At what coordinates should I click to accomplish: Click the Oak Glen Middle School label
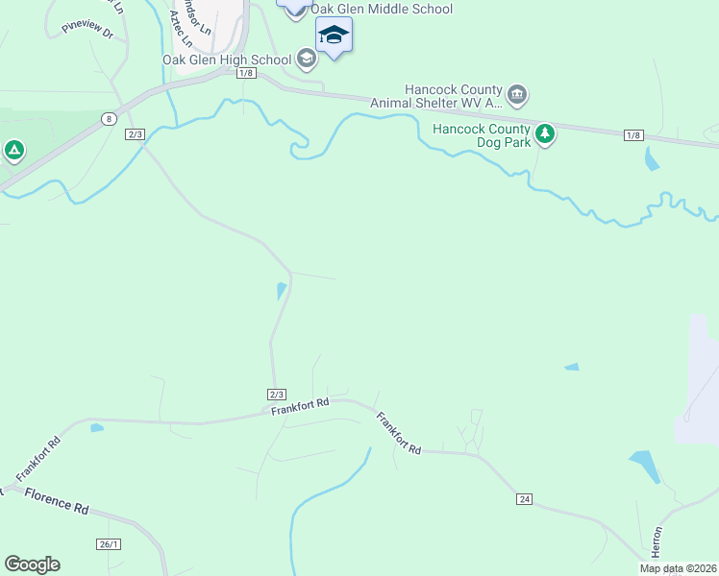pyautogui.click(x=381, y=10)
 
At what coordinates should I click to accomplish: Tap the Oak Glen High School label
pyautogui.click(x=227, y=60)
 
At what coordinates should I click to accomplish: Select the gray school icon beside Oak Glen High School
pyautogui.click(x=307, y=60)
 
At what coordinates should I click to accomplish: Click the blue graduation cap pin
pyautogui.click(x=334, y=36)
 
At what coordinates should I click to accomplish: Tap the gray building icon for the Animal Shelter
pyautogui.click(x=517, y=94)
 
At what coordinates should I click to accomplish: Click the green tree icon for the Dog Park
pyautogui.click(x=545, y=133)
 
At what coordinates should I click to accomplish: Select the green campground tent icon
pyautogui.click(x=13, y=151)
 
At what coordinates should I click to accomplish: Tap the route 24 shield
pyautogui.click(x=524, y=499)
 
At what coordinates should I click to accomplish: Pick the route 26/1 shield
pyautogui.click(x=110, y=544)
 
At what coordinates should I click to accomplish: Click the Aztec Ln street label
pyautogui.click(x=180, y=30)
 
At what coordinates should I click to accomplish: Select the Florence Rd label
pyautogui.click(x=57, y=500)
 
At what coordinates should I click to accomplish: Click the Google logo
pyautogui.click(x=32, y=564)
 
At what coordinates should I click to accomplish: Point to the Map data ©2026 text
pyautogui.click(x=679, y=568)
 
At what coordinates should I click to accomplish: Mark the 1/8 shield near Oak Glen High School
pyautogui.click(x=246, y=73)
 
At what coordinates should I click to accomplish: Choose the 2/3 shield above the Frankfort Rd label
pyautogui.click(x=277, y=395)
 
